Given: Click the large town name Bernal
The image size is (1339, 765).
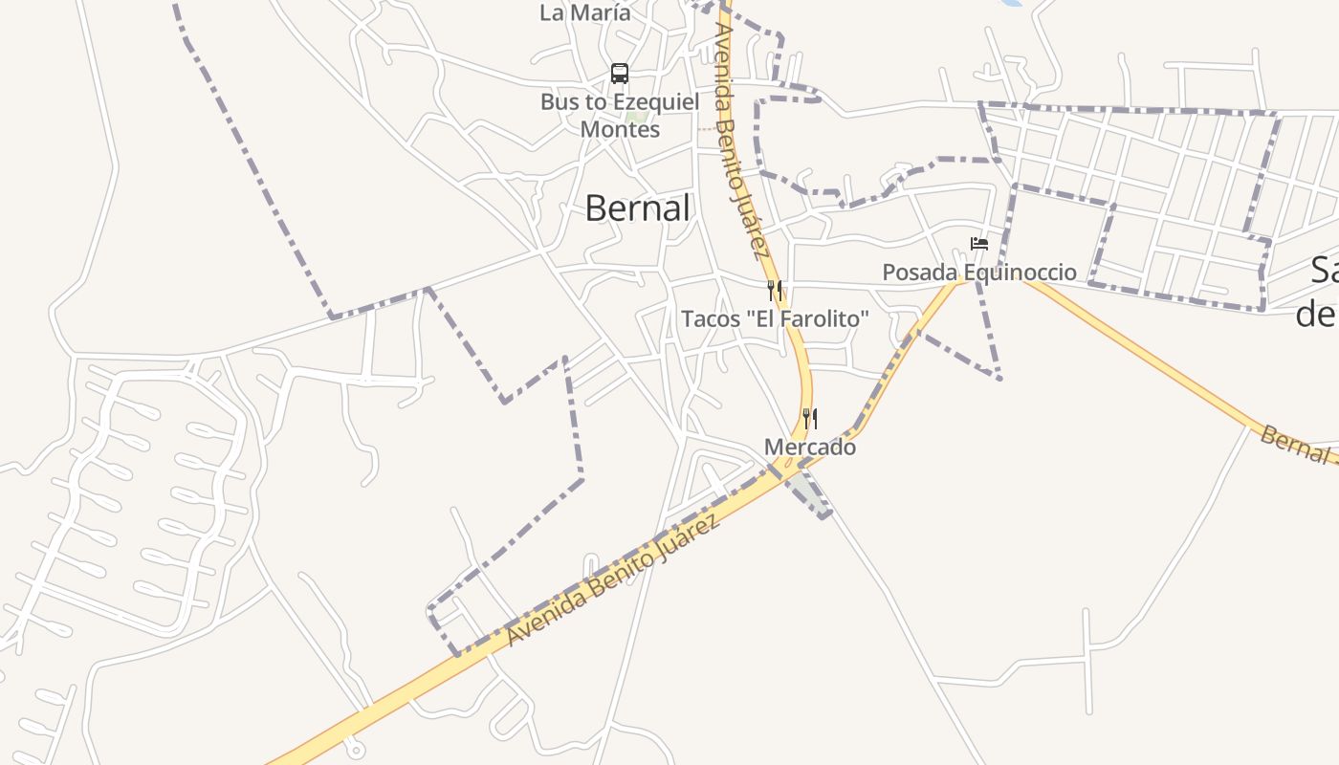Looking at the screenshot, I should pyautogui.click(x=637, y=208).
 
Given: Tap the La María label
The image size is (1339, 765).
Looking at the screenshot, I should pyautogui.click(x=585, y=13).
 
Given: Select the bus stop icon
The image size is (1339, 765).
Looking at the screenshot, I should pyautogui.click(x=620, y=74).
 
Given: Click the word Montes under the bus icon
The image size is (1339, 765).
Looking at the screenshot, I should pyautogui.click(x=620, y=129).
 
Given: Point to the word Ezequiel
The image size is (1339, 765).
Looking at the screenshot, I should pyautogui.click(x=655, y=101).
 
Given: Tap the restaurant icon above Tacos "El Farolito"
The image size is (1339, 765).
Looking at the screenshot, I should pyautogui.click(x=775, y=290).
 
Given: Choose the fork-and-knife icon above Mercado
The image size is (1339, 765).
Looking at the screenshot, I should pyautogui.click(x=810, y=418).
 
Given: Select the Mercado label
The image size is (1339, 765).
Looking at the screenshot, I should pyautogui.click(x=810, y=447).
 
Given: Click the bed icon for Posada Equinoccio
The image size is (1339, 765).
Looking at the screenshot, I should pyautogui.click(x=978, y=244).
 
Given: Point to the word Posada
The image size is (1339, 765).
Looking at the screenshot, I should pyautogui.click(x=919, y=273).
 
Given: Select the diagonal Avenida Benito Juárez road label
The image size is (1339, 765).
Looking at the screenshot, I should pyautogui.click(x=612, y=580).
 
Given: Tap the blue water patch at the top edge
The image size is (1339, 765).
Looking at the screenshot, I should pyautogui.click(x=1014, y=3).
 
